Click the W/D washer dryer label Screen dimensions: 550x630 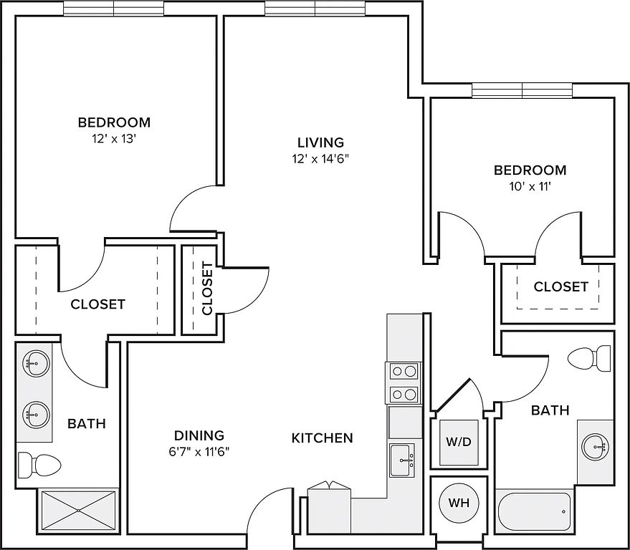click(x=459, y=441)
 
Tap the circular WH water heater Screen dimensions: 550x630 click(x=459, y=503)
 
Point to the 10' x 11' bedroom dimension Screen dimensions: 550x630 click(x=530, y=188)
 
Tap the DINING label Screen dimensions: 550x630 click(x=199, y=435)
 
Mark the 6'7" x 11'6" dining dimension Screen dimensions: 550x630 click(x=199, y=452)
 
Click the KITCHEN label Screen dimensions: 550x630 click(x=323, y=438)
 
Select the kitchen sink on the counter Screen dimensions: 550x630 click(x=402, y=458)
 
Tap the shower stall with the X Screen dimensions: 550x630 click(x=77, y=511)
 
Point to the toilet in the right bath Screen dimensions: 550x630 click(x=591, y=358)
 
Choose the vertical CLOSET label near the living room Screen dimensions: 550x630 click(x=207, y=289)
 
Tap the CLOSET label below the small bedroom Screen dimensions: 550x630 click(x=560, y=286)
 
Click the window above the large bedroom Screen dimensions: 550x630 click(x=113, y=8)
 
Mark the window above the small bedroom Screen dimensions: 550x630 click(x=522, y=90)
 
